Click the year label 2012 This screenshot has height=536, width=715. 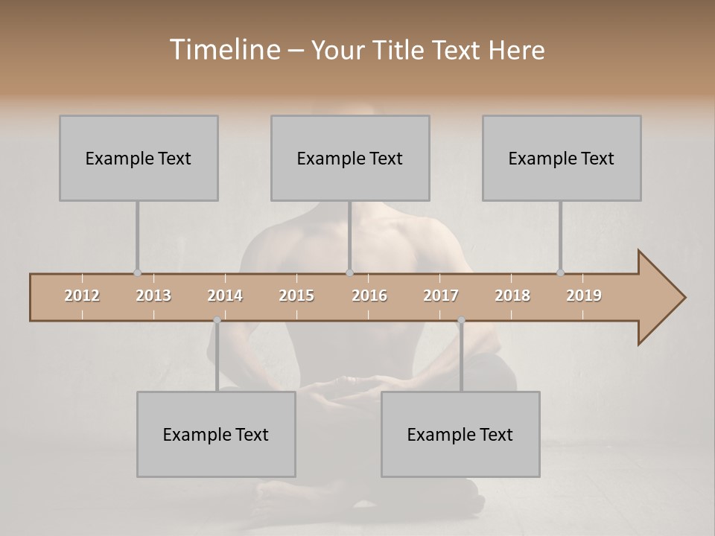(82, 296)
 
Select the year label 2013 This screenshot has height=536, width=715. (153, 296)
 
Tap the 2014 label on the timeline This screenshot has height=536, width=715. (225, 296)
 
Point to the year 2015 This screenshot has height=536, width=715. (296, 296)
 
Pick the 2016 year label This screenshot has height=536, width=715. (369, 296)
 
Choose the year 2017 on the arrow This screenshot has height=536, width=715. (441, 296)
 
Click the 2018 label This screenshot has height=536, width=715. (512, 296)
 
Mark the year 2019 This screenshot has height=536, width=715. (584, 296)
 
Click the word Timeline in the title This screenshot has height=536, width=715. (224, 50)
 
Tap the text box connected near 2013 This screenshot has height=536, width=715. (139, 158)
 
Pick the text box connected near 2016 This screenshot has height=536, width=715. (350, 158)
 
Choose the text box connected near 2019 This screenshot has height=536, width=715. (562, 158)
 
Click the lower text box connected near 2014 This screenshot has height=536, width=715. (216, 434)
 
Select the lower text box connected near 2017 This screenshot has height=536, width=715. (460, 434)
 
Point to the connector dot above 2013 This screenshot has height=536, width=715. (137, 273)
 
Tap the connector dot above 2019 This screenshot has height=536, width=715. (561, 273)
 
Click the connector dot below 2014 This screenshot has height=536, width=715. (217, 320)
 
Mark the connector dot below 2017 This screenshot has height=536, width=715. (461, 320)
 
